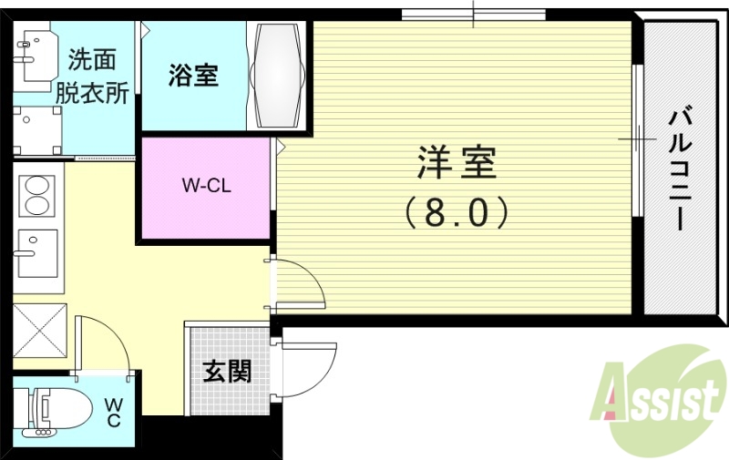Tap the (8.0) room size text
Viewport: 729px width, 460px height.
(x=456, y=213)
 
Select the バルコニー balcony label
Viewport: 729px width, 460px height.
(x=679, y=169)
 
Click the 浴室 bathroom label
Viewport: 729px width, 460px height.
(x=192, y=76)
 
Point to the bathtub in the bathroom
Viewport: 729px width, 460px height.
(x=279, y=75)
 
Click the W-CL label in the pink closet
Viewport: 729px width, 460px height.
(x=205, y=187)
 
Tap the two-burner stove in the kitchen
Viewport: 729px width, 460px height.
(x=37, y=194)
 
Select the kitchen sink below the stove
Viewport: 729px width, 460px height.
(x=36, y=252)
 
